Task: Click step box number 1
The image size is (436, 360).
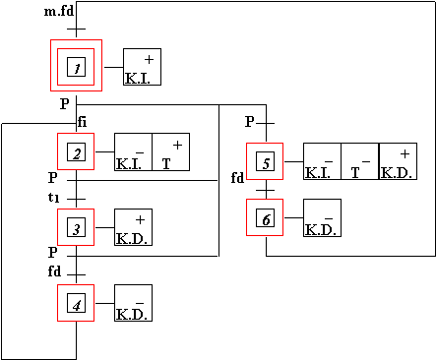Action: tap(76, 66)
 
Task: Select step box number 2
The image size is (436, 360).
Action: tap(76, 151)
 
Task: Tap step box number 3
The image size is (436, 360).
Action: tap(76, 227)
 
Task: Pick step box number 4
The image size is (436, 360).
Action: tap(76, 303)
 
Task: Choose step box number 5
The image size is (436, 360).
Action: tap(265, 161)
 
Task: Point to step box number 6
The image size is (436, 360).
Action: tap(265, 217)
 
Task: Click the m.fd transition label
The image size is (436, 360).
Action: tap(59, 12)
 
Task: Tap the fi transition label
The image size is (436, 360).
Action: tap(83, 122)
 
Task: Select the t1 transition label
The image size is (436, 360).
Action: tap(54, 198)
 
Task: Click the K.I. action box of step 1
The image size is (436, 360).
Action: tap(142, 67)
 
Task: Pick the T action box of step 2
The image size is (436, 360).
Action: tap(171, 151)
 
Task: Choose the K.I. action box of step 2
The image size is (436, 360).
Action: tap(133, 151)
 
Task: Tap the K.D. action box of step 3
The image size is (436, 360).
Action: tap(133, 227)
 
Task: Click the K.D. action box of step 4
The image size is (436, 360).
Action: tap(133, 303)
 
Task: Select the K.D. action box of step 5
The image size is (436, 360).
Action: tap(399, 161)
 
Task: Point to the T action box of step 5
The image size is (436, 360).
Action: tap(360, 161)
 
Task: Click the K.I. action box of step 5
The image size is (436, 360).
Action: tap(322, 161)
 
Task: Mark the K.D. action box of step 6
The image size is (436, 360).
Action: tap(322, 217)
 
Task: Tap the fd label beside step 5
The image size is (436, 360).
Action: tap(238, 178)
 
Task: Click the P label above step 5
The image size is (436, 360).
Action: tap(250, 122)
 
